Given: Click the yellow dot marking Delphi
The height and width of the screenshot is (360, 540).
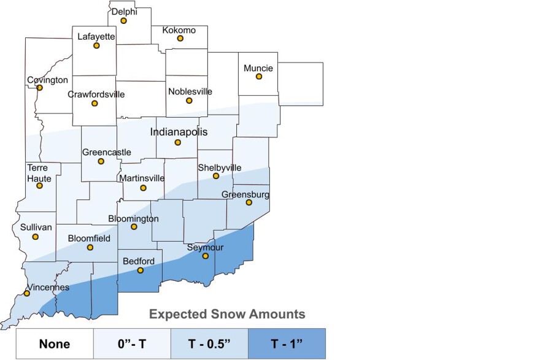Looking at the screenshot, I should (x=123, y=20).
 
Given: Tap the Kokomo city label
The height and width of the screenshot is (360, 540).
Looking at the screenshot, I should (x=179, y=30).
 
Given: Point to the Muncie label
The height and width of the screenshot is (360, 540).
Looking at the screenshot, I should (x=258, y=67).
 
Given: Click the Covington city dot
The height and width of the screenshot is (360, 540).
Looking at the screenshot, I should (x=39, y=87).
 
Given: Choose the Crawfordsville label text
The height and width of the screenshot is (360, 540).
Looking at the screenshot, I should (x=96, y=94).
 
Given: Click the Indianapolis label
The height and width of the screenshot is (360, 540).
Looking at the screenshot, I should (x=179, y=132).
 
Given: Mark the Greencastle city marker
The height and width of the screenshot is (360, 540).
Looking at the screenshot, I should (x=101, y=161).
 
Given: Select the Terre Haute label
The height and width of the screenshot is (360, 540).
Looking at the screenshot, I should (x=39, y=172).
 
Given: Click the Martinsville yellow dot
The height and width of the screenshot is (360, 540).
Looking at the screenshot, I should (x=143, y=188).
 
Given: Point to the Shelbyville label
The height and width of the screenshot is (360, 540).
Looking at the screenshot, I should (x=219, y=167).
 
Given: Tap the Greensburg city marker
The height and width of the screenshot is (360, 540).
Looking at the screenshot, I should (x=249, y=202).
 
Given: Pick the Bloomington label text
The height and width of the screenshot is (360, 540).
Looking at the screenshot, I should (x=133, y=218).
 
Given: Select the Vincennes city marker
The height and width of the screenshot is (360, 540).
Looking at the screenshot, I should (x=26, y=293).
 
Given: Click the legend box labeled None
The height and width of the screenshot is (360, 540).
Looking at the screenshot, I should (x=54, y=344).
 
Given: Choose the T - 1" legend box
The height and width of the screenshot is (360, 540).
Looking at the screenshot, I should (x=287, y=344).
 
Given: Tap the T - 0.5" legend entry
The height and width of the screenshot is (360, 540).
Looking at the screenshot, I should (x=209, y=344).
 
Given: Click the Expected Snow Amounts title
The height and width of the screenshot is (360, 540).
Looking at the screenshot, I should (x=227, y=315).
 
